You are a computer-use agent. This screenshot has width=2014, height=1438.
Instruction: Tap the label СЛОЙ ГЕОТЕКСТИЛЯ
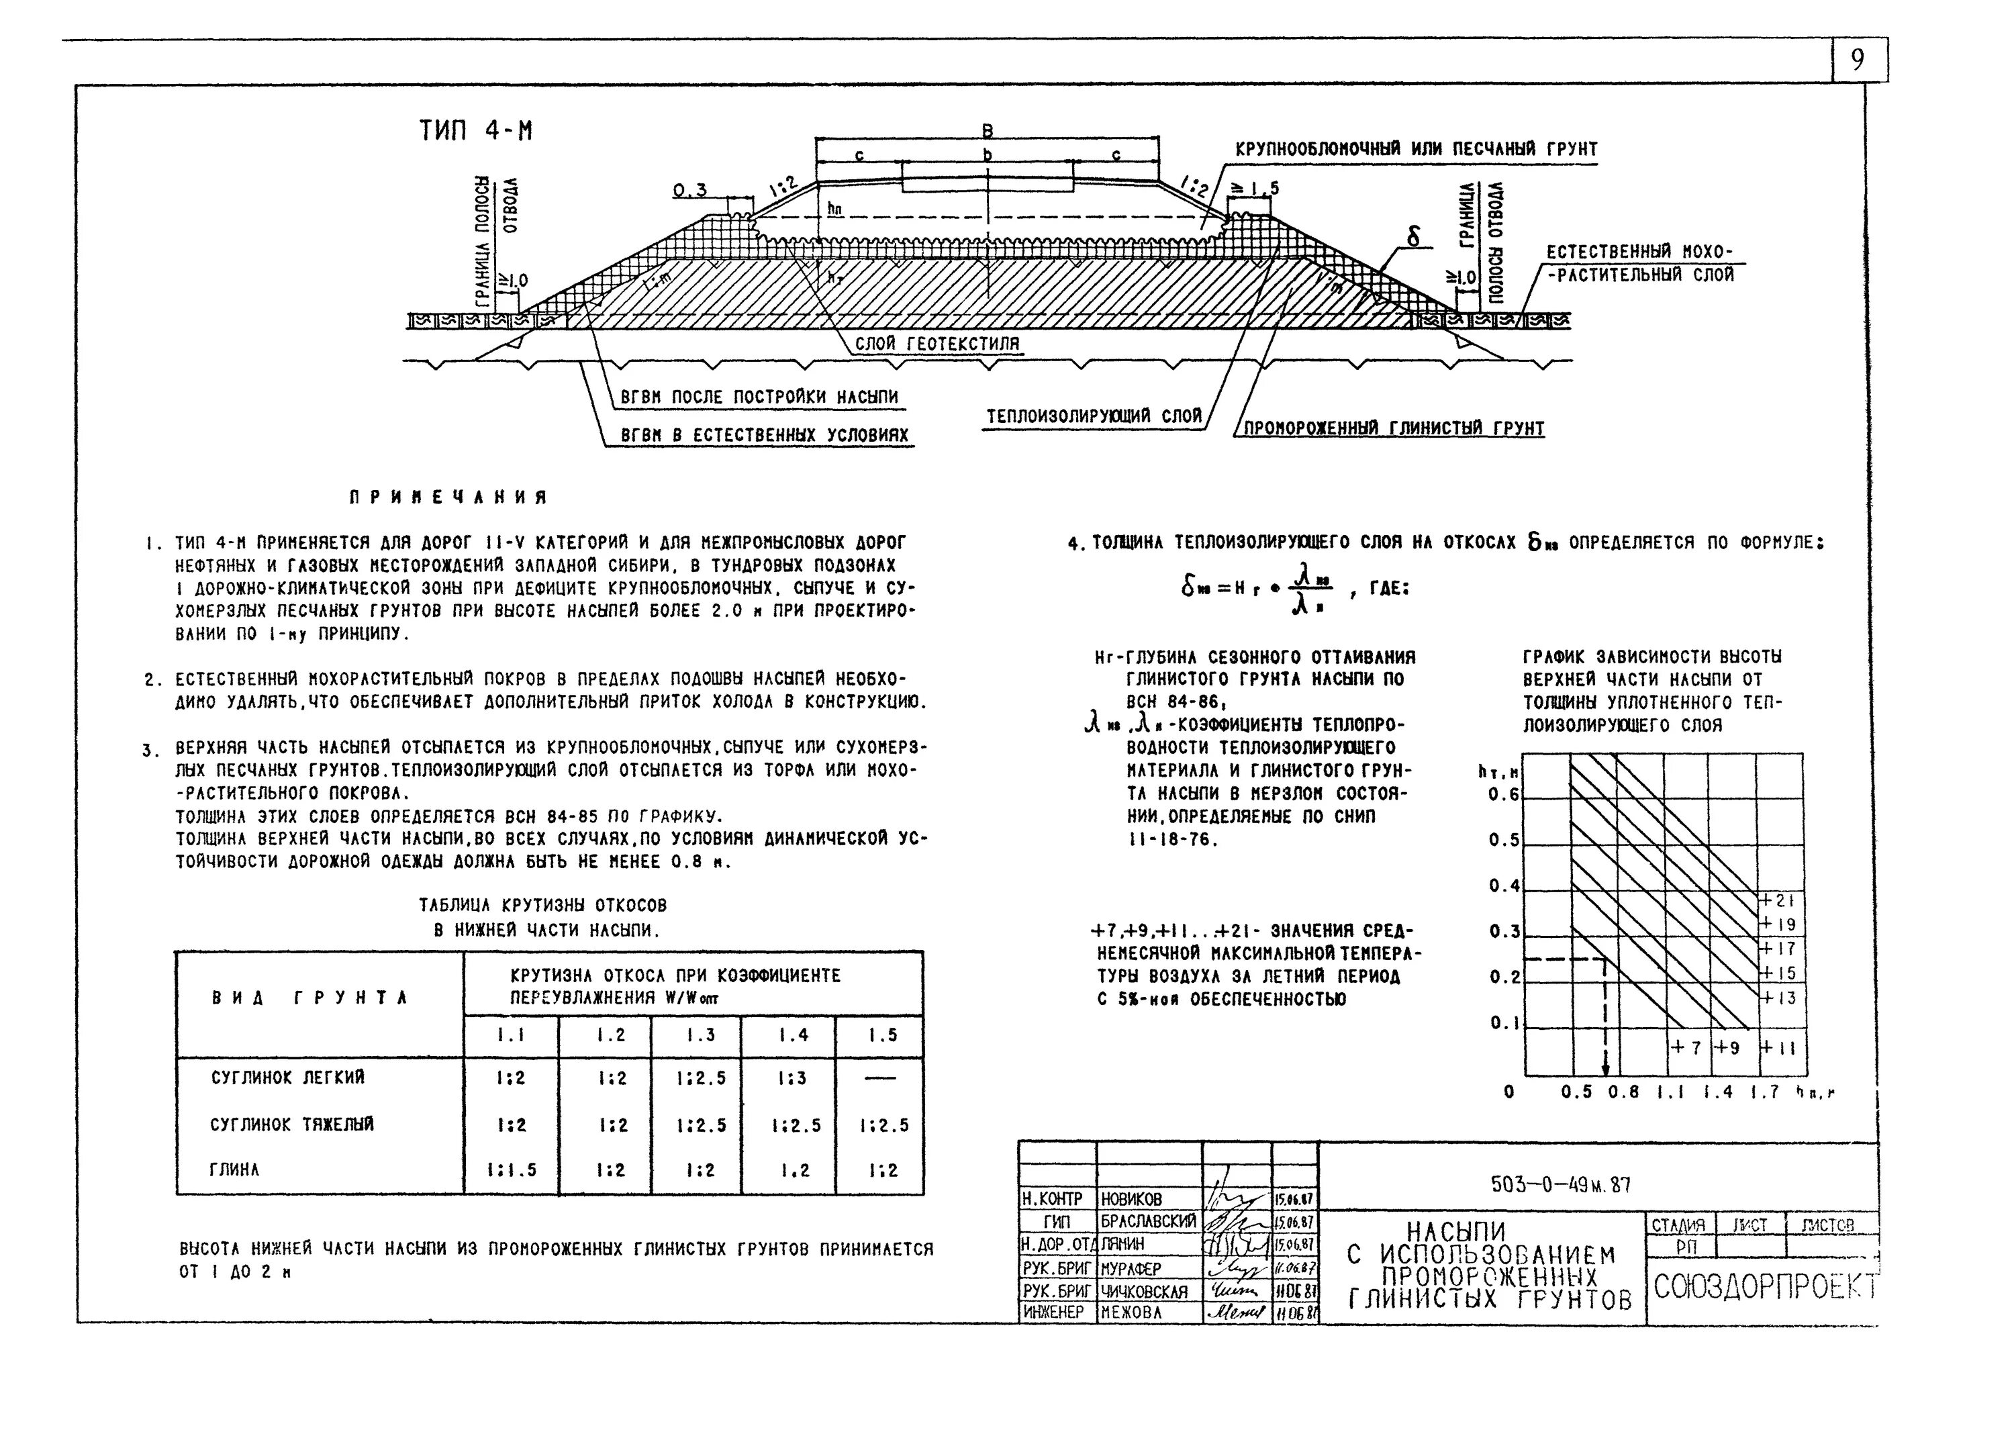[x=937, y=344]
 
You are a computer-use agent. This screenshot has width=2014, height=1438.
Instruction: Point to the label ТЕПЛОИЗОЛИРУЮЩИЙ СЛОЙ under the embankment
[x=1094, y=416]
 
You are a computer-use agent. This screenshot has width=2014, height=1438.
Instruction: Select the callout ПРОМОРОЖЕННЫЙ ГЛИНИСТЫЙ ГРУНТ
[x=1394, y=428]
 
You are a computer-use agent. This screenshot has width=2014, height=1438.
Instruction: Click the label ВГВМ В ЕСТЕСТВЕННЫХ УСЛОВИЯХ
[x=764, y=436]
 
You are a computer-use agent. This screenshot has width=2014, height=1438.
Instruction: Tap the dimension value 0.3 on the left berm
[x=689, y=191]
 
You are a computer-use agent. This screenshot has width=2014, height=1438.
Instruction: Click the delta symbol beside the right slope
[x=1413, y=236]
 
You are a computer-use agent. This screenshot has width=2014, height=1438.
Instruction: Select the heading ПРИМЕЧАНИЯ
[x=448, y=497]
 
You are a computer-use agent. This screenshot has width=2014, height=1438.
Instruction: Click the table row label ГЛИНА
[x=234, y=1169]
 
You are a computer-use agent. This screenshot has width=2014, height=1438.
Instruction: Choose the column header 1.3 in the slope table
[x=696, y=1035]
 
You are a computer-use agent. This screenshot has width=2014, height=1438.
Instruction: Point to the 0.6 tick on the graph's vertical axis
[x=1503, y=794]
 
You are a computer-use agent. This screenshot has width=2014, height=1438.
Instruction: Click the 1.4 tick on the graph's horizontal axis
[x=1717, y=1092]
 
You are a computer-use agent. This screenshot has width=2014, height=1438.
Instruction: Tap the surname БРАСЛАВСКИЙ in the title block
[x=1148, y=1221]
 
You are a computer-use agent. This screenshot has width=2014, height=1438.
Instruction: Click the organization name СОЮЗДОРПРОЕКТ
[x=1762, y=1286]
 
